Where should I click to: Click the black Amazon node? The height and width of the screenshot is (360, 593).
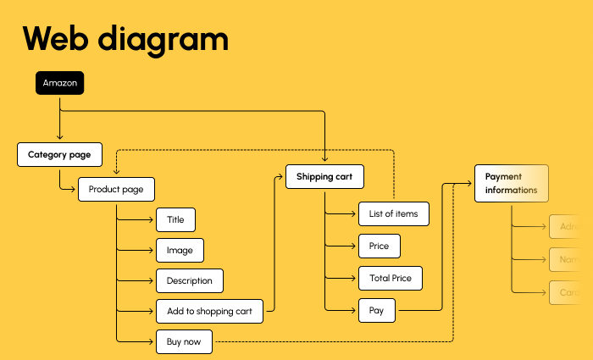59,83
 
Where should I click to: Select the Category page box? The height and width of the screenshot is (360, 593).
59,155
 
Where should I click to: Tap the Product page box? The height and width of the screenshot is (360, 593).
116,189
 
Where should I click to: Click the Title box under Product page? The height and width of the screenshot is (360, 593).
175,220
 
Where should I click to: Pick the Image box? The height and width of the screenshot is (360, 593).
180,250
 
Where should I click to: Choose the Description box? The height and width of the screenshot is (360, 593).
189,280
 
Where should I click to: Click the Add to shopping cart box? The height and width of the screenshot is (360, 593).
209,311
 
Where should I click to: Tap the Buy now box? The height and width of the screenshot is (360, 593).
184,342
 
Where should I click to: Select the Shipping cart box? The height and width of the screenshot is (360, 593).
324,177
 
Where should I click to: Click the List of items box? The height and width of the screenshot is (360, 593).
393,213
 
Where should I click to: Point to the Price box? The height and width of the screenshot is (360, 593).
379,246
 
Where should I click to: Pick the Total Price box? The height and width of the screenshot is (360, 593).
390,278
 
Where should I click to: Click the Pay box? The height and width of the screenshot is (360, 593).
376,311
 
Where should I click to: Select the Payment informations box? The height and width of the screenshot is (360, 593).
511,184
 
